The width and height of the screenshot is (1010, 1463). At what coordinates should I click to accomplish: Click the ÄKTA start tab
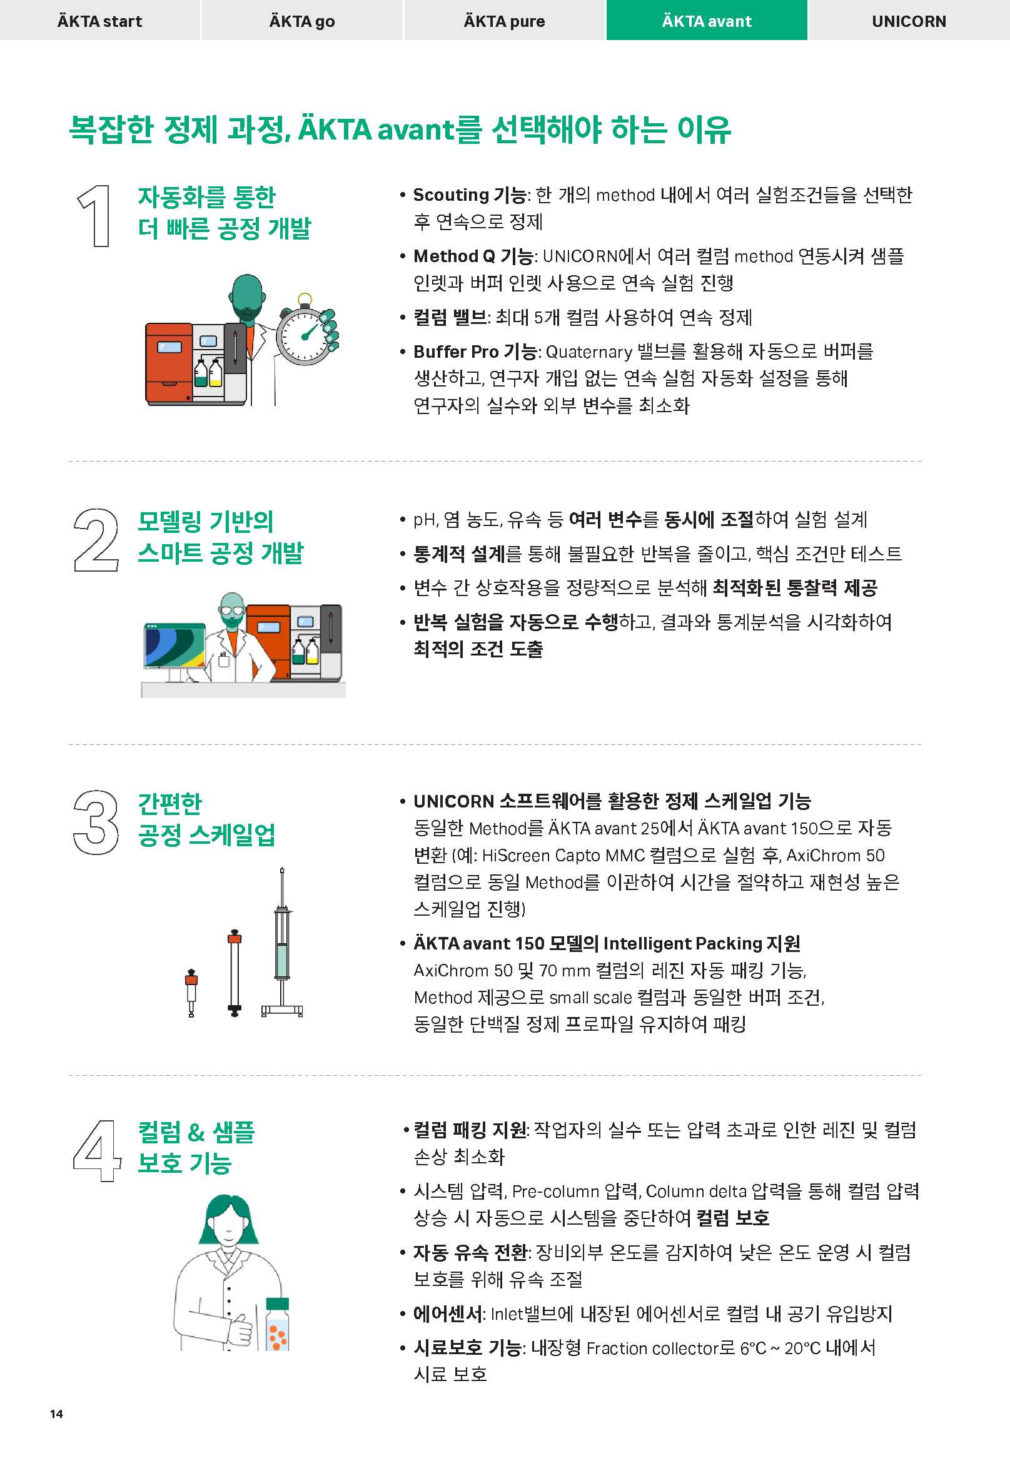100,20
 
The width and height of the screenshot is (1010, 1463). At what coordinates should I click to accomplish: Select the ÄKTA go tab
302,20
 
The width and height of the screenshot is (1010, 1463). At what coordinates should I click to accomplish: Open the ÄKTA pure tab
504,20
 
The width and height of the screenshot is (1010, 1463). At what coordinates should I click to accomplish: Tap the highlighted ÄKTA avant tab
707,20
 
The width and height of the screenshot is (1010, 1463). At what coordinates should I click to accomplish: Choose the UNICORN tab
909,20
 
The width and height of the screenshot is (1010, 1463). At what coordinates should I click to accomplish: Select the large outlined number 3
96,822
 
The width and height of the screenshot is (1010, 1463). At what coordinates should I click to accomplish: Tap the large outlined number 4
97,1150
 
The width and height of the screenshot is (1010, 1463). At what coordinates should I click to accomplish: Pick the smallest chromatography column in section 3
191,992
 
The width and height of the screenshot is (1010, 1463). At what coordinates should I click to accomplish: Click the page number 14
56,1414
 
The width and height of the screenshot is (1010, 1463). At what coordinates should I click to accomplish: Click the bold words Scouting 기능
469,195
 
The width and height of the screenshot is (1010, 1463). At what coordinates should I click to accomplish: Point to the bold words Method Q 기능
473,256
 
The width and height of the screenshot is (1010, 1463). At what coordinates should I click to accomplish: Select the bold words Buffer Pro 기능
475,352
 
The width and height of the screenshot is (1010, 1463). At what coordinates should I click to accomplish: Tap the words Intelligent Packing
682,943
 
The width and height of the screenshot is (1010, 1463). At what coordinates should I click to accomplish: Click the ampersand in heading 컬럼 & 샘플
196,1132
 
